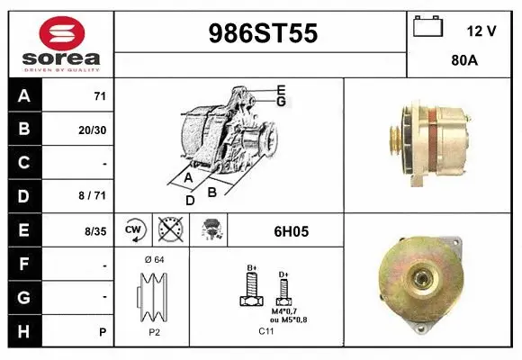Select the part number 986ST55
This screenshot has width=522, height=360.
pyautogui.click(x=262, y=33)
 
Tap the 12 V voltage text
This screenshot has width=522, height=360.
pyautogui.click(x=481, y=31)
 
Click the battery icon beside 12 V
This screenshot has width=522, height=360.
pyautogui.click(x=429, y=28)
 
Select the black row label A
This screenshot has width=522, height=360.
pyautogui.click(x=24, y=96)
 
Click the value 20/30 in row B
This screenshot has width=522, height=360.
pyautogui.click(x=93, y=130)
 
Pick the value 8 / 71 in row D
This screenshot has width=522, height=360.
pyautogui.click(x=93, y=196)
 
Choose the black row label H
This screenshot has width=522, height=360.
pyautogui.click(x=24, y=330)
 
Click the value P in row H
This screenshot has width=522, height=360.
pyautogui.click(x=103, y=331)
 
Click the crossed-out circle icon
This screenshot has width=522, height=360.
pyautogui.click(x=168, y=230)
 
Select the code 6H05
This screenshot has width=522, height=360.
pyautogui.click(x=291, y=231)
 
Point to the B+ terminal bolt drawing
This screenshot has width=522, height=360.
pyautogui.click(x=252, y=289)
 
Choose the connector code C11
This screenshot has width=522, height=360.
pyautogui.click(x=266, y=331)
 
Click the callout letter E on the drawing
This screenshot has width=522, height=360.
pyautogui.click(x=282, y=89)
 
